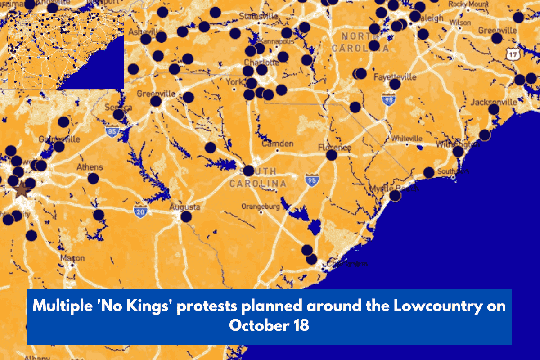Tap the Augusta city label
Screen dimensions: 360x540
pyautogui.click(x=184, y=207)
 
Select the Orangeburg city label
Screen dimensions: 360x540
pyautogui.click(x=261, y=207)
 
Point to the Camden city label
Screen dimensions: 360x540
pyautogui.click(x=278, y=144)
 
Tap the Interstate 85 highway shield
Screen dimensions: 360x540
pyautogui.click(x=112, y=131)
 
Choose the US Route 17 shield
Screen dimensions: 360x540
pyautogui.click(x=513, y=54)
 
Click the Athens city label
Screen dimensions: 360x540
pyautogui.click(x=90, y=167)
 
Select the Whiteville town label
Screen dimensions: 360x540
pyautogui.click(x=407, y=138)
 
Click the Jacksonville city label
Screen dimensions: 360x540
pyautogui.click(x=494, y=102)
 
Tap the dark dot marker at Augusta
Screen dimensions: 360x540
pyautogui.click(x=186, y=217)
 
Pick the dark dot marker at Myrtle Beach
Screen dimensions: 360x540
pyautogui.click(x=395, y=195)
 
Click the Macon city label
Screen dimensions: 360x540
pyautogui.click(x=72, y=258)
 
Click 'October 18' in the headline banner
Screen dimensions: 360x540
pyautogui.click(x=269, y=325)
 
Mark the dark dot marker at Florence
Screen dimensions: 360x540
pyautogui.click(x=332, y=155)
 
